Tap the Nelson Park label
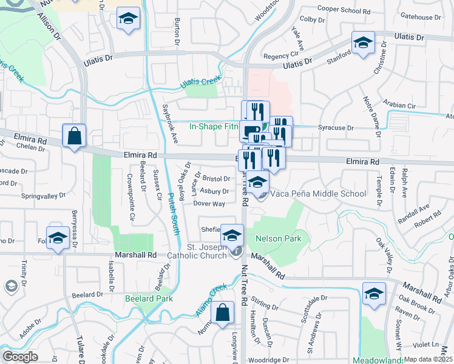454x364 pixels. click(x=278, y=238)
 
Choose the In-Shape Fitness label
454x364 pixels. click(x=214, y=127)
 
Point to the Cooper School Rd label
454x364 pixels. click(x=344, y=10)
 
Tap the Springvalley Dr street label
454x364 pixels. click(x=42, y=197)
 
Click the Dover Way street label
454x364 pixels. click(x=209, y=204)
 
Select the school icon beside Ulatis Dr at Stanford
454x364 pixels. click(x=363, y=43)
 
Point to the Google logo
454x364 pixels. click(x=20, y=357)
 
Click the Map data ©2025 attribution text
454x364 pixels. click(x=428, y=359)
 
